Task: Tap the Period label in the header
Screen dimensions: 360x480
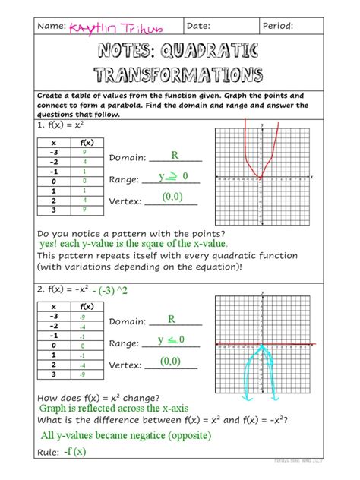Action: pyautogui.click(x=277, y=27)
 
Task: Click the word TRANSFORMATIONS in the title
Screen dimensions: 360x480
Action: pyautogui.click(x=179, y=75)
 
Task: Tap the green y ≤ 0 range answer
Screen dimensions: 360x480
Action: pyautogui.click(x=171, y=339)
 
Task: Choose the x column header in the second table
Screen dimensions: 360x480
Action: pyautogui.click(x=54, y=306)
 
